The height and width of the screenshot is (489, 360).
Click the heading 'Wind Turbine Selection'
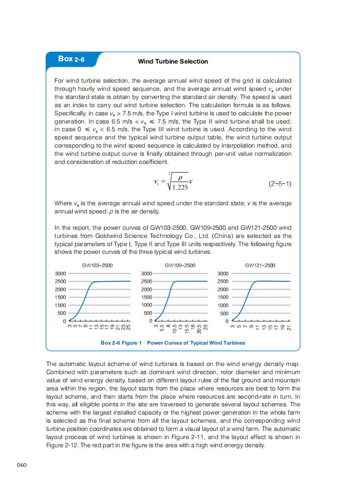173,61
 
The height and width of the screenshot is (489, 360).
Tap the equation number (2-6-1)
280,184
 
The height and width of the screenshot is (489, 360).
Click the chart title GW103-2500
97,265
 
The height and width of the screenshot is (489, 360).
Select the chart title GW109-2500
180,265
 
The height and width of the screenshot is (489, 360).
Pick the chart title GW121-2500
260,265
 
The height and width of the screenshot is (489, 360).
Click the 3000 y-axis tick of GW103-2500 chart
60,274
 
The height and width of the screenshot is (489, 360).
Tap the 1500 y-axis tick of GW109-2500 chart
147,297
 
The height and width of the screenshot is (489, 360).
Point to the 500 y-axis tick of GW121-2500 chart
224,313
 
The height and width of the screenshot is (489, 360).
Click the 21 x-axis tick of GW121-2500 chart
289,327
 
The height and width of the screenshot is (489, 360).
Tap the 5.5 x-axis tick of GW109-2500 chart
162,327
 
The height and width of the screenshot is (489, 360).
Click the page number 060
22,464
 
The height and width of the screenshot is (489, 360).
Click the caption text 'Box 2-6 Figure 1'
121,343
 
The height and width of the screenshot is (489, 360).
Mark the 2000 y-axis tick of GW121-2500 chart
223,290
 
